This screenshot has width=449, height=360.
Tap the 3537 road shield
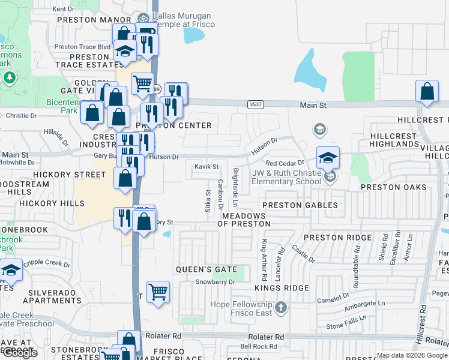click(254, 104)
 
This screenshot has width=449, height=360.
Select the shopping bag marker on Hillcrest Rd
click(426, 92)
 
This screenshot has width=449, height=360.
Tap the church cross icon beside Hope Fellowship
click(280, 308)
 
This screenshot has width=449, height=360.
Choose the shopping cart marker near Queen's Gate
click(158, 292)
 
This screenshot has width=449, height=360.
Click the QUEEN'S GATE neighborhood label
click(206, 269)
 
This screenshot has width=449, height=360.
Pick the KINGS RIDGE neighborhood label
click(280, 289)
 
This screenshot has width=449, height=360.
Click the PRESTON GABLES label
click(300, 205)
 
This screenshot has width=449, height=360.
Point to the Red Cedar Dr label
click(285, 163)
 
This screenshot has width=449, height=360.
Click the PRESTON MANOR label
click(86, 19)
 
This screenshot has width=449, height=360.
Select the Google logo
click(19, 353)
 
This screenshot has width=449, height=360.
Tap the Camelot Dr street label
click(333, 297)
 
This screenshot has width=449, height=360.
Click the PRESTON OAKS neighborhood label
click(393, 187)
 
